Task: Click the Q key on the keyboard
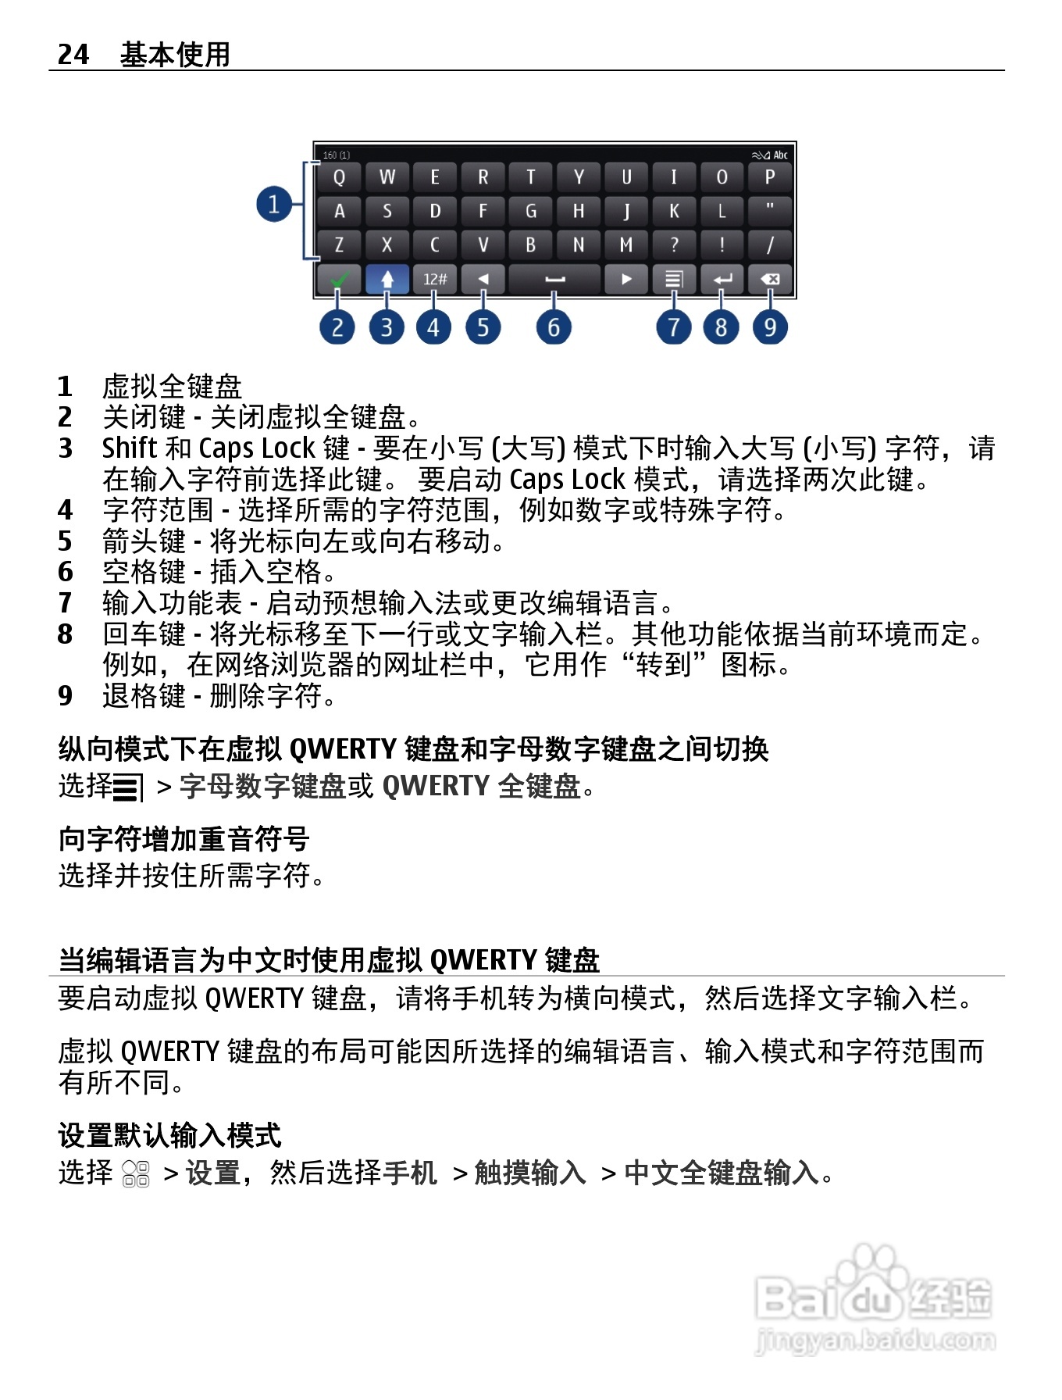(x=339, y=177)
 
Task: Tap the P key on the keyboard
(x=770, y=177)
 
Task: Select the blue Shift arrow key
(x=387, y=279)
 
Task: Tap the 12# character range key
(x=435, y=279)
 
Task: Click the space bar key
(x=554, y=279)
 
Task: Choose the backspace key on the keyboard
(x=770, y=279)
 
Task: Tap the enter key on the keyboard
(x=722, y=279)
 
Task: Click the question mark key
(x=675, y=245)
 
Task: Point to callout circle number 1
(x=274, y=205)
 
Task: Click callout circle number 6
(x=554, y=327)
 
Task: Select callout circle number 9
(x=770, y=327)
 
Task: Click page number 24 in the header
(x=73, y=54)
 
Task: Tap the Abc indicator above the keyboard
(x=780, y=155)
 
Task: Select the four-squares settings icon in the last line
(x=137, y=1173)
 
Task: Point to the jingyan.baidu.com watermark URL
(x=875, y=1341)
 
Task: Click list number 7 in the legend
(x=66, y=602)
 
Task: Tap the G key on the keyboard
(x=531, y=211)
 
